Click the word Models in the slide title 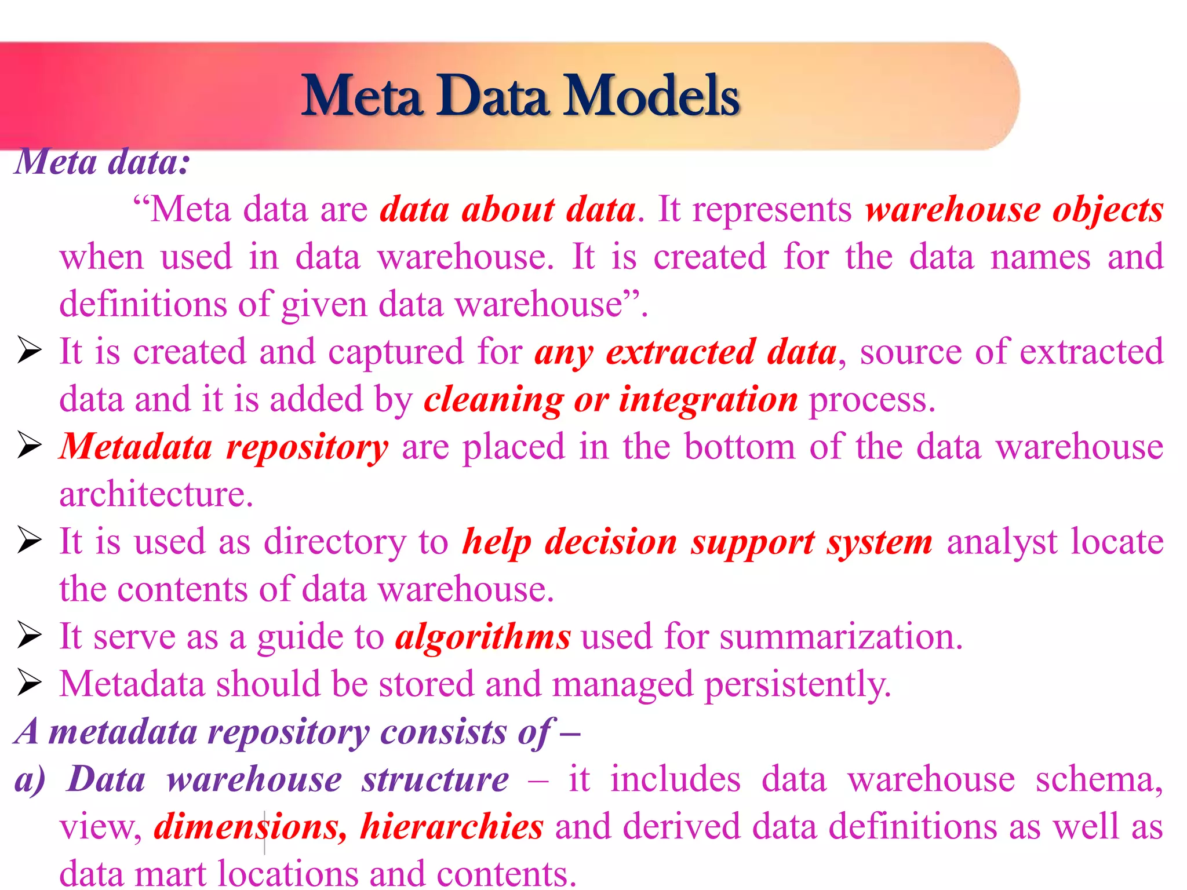pyautogui.click(x=652, y=96)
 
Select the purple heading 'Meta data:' pyautogui.click(x=102, y=162)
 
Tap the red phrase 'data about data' pyautogui.click(x=508, y=209)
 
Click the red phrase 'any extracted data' pyautogui.click(x=686, y=352)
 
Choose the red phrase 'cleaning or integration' pyautogui.click(x=610, y=400)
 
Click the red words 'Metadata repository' pyautogui.click(x=224, y=447)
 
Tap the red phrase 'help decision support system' pyautogui.click(x=697, y=542)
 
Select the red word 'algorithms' pyautogui.click(x=483, y=637)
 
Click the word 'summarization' pyautogui.click(x=840, y=637)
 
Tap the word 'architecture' pyautogui.click(x=156, y=495)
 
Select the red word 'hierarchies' pyautogui.click(x=452, y=827)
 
